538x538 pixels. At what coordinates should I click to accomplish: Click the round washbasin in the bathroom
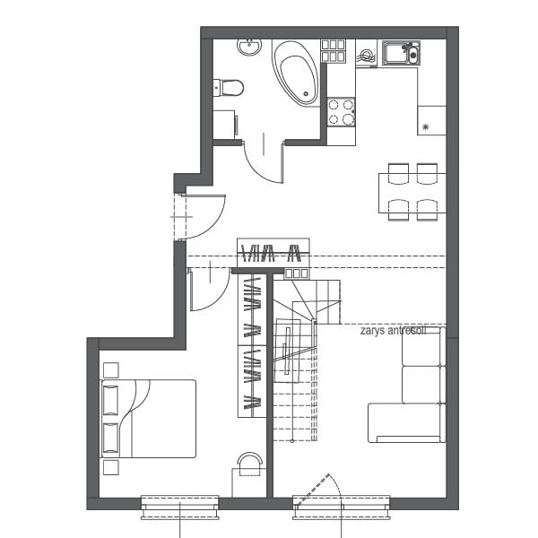coord(249,47)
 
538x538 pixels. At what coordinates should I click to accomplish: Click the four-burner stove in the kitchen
coord(341,112)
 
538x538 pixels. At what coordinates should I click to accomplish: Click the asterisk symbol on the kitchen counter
coord(425,127)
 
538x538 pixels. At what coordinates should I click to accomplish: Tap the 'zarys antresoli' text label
coord(394,331)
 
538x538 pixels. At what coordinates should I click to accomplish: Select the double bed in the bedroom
coord(148,419)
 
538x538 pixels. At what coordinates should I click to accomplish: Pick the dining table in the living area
coord(412,193)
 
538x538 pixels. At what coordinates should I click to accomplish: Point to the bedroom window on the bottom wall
coord(180,508)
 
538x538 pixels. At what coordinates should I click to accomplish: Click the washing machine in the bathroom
coord(225,125)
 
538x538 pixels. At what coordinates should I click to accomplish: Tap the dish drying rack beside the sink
coord(367,57)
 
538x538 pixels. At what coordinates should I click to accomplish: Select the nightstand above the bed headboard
coord(111,370)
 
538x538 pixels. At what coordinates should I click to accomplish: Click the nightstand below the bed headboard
coord(111,467)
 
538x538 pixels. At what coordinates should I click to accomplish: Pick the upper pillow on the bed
coord(110,400)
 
